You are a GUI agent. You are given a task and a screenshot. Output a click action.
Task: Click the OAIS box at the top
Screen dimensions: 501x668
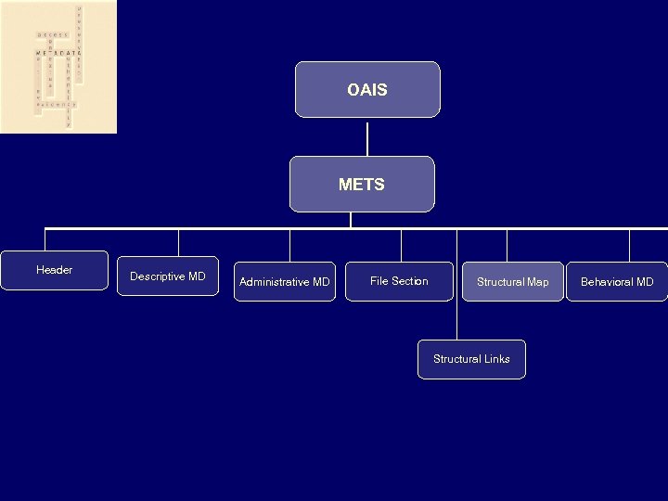pyautogui.click(x=367, y=90)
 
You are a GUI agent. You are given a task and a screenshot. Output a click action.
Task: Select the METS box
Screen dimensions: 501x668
pyautogui.click(x=362, y=184)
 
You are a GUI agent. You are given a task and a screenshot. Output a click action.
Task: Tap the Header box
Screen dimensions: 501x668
pyautogui.click(x=54, y=270)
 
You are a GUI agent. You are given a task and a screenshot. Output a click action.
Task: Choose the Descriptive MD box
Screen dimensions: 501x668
pyautogui.click(x=168, y=276)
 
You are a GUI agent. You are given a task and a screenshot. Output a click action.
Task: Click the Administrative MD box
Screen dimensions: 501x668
pyautogui.click(x=284, y=281)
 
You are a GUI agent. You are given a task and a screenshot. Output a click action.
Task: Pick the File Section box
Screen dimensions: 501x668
pyautogui.click(x=399, y=281)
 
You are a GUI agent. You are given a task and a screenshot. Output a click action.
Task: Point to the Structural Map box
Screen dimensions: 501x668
pyautogui.click(x=512, y=281)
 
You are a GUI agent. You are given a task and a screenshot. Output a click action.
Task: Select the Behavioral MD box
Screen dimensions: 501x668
pyautogui.click(x=617, y=281)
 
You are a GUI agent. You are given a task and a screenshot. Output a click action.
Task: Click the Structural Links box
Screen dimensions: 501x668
pyautogui.click(x=471, y=359)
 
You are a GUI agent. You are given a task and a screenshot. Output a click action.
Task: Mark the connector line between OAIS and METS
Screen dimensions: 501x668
pyautogui.click(x=367, y=136)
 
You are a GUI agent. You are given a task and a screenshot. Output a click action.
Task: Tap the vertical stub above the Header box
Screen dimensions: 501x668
pyautogui.click(x=45, y=239)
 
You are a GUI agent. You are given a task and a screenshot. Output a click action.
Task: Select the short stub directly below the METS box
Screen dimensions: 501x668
pyautogui.click(x=351, y=220)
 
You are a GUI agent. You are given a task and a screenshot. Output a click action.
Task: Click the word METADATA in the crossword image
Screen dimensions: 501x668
pyautogui.click(x=55, y=53)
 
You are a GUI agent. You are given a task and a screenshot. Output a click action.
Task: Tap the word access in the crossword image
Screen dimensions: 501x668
pyautogui.click(x=52, y=34)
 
